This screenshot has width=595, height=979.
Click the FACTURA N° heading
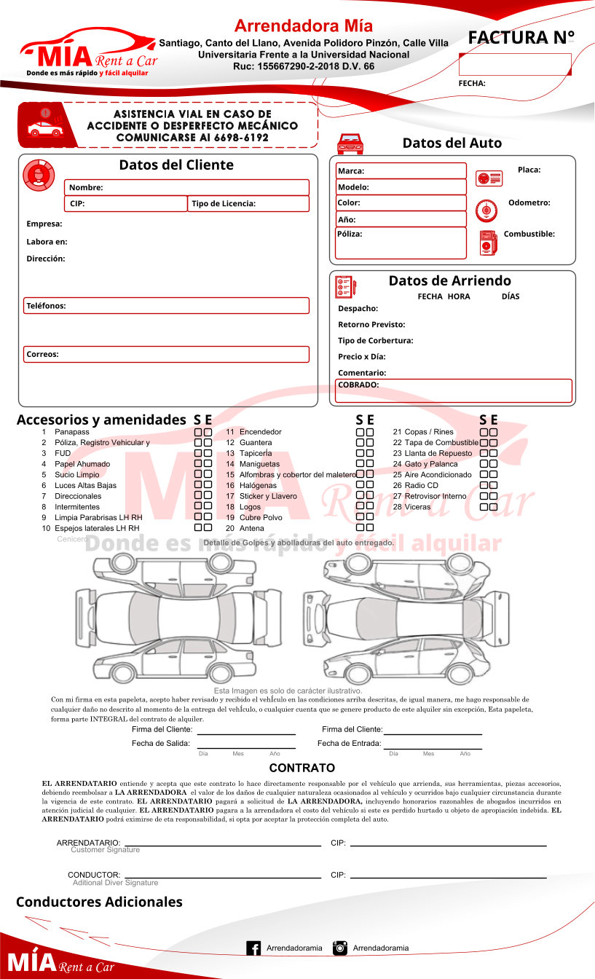[521, 38]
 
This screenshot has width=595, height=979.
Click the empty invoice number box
[515, 64]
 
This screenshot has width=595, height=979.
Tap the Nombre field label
[86, 188]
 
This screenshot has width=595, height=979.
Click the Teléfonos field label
[46, 306]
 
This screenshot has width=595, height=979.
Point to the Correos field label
[43, 355]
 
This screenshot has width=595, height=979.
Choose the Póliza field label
[350, 234]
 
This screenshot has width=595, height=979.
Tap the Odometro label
[529, 203]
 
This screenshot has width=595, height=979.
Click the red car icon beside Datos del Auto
[350, 143]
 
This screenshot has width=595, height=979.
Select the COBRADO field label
[358, 385]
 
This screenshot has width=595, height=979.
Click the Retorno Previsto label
[371, 325]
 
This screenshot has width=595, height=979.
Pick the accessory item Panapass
[72, 432]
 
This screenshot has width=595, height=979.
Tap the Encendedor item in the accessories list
[260, 432]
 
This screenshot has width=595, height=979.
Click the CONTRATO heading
[302, 768]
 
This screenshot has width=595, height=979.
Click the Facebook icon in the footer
[253, 948]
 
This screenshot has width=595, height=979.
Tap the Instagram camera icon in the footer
[339, 948]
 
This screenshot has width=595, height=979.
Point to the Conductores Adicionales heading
[99, 902]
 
